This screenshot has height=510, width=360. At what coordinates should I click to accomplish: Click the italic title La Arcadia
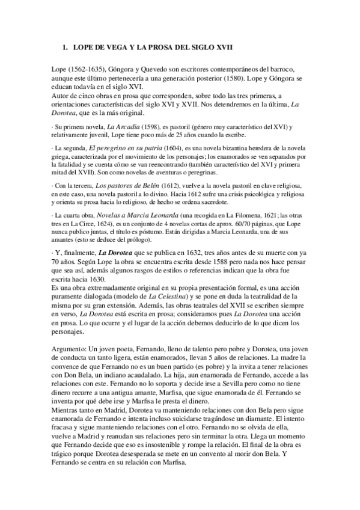(x=121, y=127)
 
